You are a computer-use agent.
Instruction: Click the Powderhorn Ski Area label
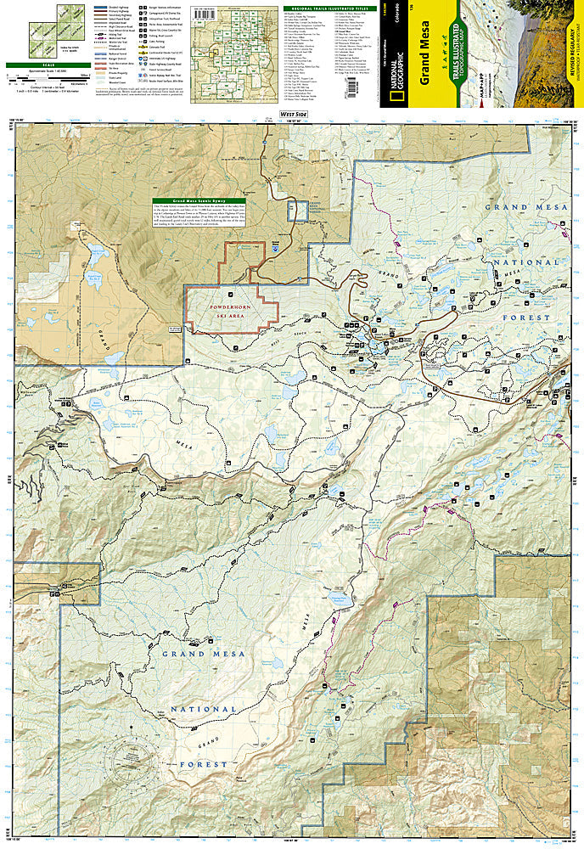click(232, 303)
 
